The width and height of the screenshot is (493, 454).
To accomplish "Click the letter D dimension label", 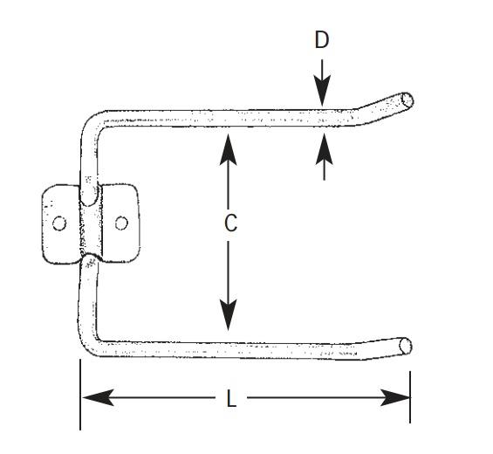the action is pos(322,40).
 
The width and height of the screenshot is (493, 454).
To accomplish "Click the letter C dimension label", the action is pos(230,223).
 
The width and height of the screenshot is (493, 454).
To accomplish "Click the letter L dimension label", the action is pos(231,398).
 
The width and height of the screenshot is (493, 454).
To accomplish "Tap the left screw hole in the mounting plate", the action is pos(59,224).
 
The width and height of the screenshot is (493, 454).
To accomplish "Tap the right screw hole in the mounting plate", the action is pos(121,223).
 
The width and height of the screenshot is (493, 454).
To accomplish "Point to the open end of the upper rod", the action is pos(407,100).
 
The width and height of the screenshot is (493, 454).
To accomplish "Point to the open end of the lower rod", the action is pos(406,346).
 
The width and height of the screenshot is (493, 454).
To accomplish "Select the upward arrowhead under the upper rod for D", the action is pos(325,148).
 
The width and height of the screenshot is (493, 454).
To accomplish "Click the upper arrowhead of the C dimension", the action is pos(228,149).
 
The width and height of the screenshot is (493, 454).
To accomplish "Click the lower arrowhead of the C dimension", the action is pos(228,315).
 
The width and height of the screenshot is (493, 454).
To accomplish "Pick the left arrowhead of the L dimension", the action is pos(98,397).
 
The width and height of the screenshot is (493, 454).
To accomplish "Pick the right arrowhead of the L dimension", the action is pos(395,397).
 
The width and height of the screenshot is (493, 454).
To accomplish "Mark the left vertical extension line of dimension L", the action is pos(80,395).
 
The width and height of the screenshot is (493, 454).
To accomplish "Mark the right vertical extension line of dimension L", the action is pos(410,397).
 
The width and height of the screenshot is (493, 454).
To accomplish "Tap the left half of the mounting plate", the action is pos(61,224).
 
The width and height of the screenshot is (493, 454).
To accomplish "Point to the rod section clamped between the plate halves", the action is pos(92,227).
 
